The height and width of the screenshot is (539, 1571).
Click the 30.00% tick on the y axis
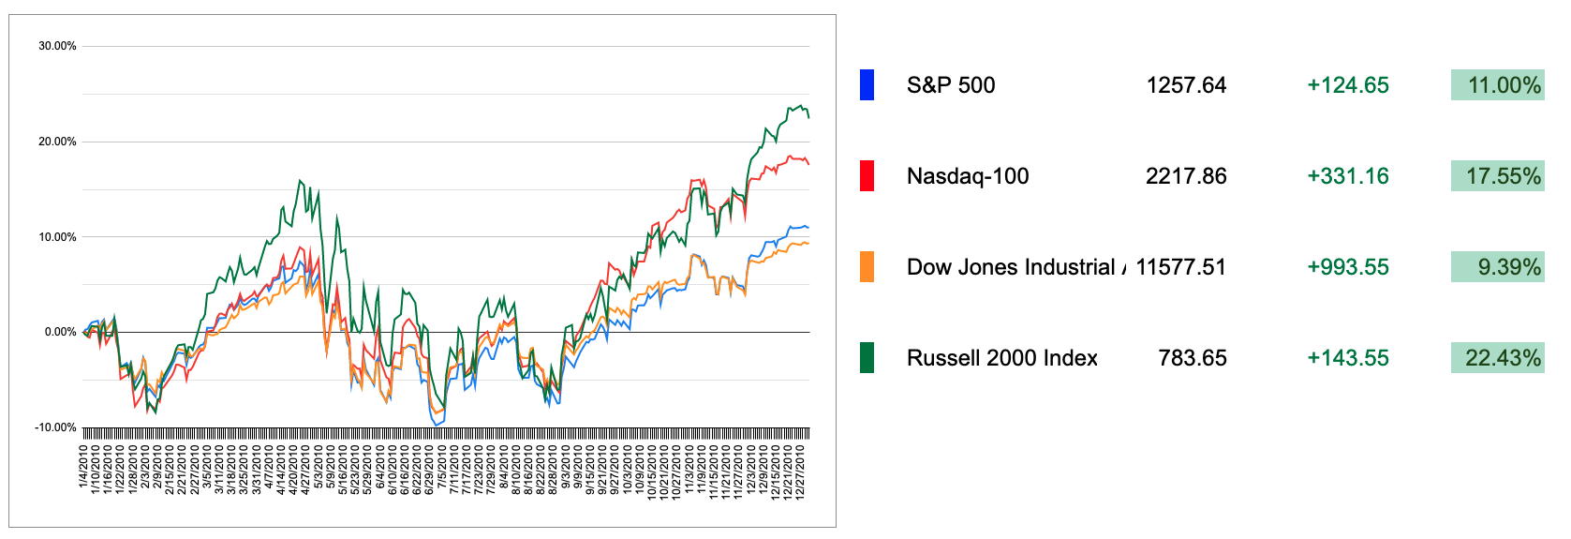[57, 46]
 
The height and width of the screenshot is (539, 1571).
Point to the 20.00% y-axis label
[57, 142]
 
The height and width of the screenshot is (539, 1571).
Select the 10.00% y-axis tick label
[57, 237]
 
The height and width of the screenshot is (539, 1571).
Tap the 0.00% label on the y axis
[60, 332]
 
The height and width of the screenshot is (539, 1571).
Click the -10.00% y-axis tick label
[55, 427]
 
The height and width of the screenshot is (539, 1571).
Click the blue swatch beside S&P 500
[867, 85]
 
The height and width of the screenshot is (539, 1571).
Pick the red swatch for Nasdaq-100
[867, 176]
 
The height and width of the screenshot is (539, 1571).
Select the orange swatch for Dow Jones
[867, 267]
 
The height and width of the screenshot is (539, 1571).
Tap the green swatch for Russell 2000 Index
[867, 358]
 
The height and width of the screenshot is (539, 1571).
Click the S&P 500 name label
[950, 85]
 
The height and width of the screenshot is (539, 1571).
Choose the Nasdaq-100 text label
[967, 176]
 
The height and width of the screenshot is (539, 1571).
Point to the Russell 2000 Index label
[1001, 358]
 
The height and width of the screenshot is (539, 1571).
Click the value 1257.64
[1185, 85]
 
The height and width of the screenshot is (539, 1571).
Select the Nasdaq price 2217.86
[1185, 176]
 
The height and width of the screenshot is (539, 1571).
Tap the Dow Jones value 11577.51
[1180, 267]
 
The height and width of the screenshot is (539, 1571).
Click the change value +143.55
[1347, 358]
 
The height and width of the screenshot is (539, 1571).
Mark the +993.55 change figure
[1347, 267]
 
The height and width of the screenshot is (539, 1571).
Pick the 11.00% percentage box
[1497, 85]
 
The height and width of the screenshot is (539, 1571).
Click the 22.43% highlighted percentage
[1497, 358]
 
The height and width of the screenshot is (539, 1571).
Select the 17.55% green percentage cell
[1497, 176]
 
